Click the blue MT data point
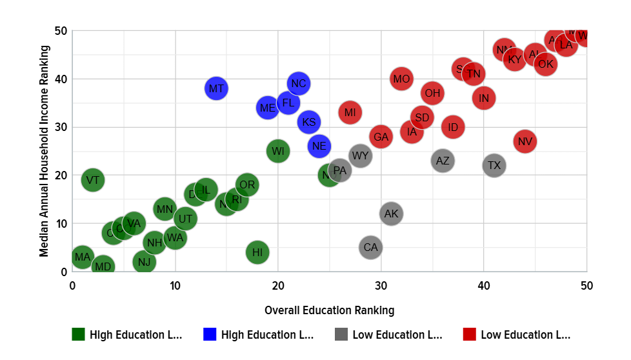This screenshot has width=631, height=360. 216,88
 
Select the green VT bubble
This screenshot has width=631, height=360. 93,180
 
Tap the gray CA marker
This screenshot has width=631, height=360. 370,247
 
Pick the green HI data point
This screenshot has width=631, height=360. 257,252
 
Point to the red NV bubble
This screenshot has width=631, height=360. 525,141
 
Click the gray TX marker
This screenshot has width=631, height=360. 494,165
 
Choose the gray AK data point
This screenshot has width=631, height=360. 391,214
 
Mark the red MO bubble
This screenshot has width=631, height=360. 401,79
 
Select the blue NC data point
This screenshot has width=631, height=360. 298,83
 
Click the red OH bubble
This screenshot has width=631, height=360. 432,93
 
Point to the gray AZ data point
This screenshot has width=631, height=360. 443,161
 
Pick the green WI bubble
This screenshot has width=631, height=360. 278,151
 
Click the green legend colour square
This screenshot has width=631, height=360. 79,334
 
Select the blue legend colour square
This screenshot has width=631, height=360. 210,334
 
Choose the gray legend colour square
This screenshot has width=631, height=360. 341,334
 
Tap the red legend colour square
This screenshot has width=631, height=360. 470,334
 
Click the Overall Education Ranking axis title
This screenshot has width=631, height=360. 329,310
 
